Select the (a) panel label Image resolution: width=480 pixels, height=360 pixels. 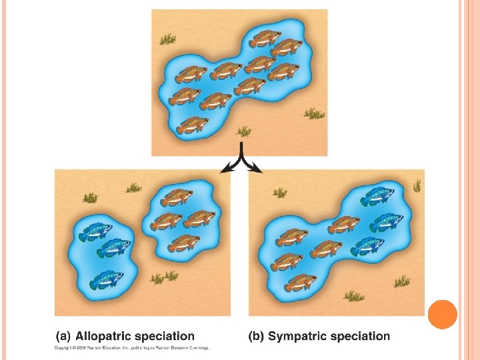(63, 337)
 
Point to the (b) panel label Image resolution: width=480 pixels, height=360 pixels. (257, 337)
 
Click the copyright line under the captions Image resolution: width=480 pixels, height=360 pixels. (132, 347)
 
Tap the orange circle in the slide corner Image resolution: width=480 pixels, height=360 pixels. (442, 314)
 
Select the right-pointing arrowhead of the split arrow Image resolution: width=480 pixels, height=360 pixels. (257, 170)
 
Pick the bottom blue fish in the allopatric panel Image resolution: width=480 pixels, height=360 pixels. (107, 279)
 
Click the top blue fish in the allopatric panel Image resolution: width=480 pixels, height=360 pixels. (95, 231)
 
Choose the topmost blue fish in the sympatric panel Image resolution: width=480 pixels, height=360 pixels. (377, 195)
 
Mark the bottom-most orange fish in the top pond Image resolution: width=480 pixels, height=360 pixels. (192, 124)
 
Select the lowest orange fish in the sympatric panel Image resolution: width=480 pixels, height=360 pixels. (300, 283)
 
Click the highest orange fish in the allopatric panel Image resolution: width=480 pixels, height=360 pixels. (176, 197)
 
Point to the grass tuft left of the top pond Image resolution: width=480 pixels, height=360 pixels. (167, 39)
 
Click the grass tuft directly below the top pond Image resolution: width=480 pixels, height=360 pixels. (245, 131)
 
